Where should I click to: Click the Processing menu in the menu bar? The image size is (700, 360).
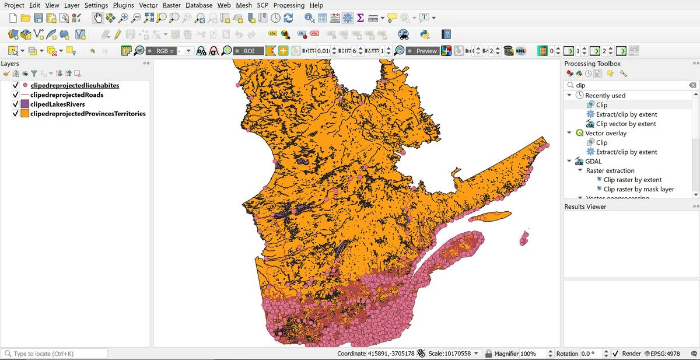click(x=289, y=5)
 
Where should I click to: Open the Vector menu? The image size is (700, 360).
click(x=148, y=5)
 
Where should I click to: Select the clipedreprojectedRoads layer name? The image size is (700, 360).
click(x=66, y=95)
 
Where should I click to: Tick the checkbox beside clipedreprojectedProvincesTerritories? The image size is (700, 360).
click(x=16, y=114)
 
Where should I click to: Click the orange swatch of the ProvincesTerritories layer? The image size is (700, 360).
click(x=25, y=114)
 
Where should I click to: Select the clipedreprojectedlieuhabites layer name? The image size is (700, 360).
click(x=75, y=85)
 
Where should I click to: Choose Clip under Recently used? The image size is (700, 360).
click(x=601, y=105)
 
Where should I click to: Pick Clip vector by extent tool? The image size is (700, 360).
click(x=625, y=124)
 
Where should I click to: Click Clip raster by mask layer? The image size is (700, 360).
click(x=639, y=189)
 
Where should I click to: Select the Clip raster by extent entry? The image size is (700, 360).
click(x=632, y=180)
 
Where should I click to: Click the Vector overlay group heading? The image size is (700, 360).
click(x=605, y=133)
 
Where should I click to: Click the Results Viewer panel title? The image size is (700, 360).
click(x=585, y=207)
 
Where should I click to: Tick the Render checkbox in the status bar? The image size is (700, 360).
click(x=615, y=354)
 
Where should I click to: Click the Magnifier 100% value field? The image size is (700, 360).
click(x=528, y=354)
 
